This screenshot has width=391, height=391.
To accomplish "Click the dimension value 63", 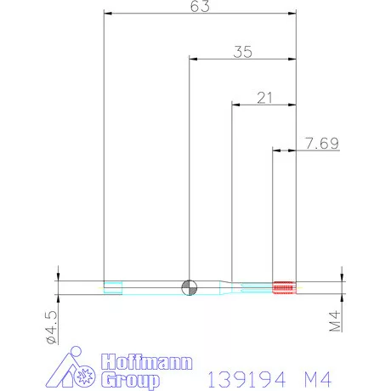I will coord(201,7).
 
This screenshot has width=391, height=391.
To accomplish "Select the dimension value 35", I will coord(243,52).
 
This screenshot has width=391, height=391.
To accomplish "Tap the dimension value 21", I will coord(263,98).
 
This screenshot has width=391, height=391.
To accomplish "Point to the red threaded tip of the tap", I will coord(283,287).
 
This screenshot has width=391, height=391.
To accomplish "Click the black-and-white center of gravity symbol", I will coord(190,287).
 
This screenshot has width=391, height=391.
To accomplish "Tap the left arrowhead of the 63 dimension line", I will coord(107,14).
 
